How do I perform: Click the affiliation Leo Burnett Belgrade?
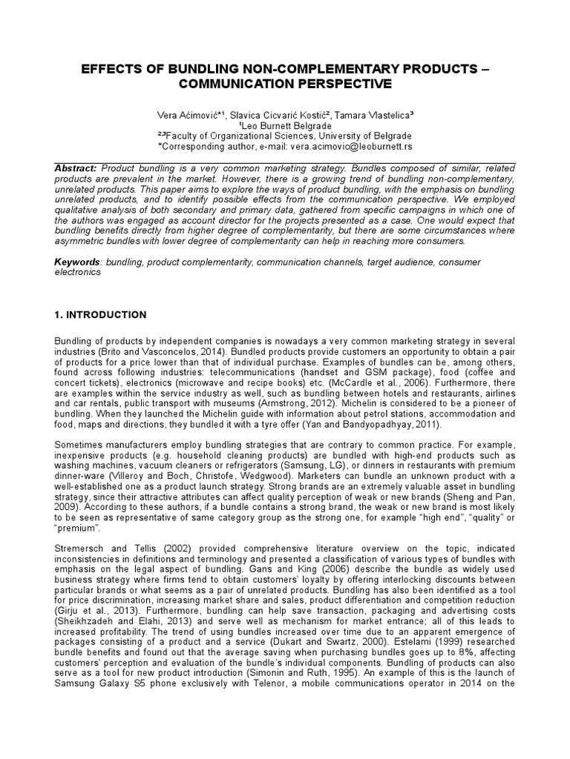(x=284, y=126)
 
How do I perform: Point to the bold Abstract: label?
(x=76, y=168)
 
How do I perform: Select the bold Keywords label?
(x=79, y=262)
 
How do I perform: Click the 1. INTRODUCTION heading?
(x=100, y=314)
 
